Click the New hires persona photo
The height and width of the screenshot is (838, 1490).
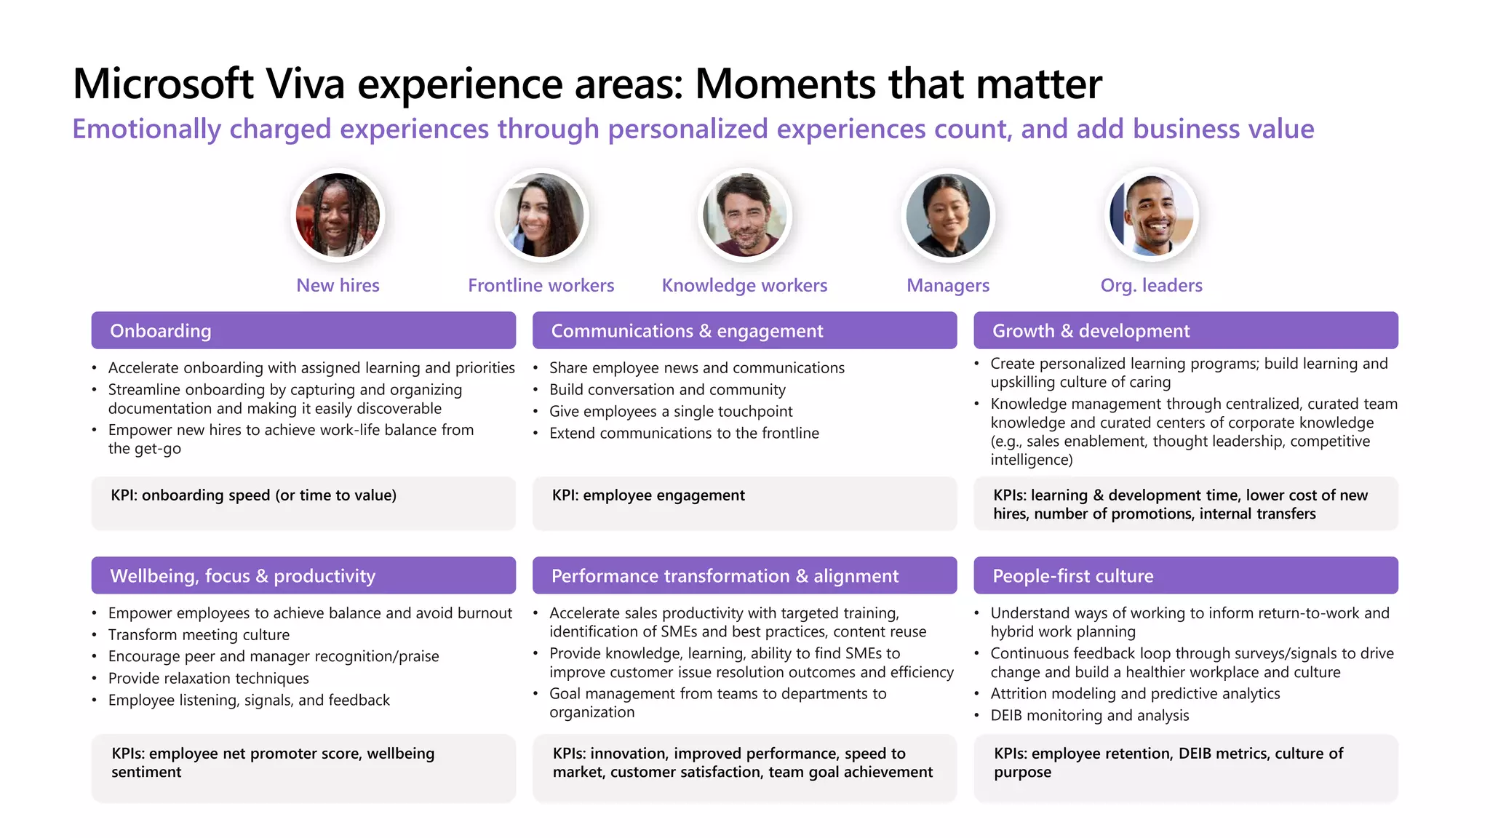(x=338, y=215)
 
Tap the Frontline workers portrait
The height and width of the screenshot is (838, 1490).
(x=541, y=215)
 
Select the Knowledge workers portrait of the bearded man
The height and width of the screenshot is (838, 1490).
(x=744, y=215)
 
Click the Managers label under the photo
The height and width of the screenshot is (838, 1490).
(x=948, y=285)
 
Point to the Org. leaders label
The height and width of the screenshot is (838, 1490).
(x=1151, y=285)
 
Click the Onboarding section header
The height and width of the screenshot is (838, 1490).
(x=303, y=331)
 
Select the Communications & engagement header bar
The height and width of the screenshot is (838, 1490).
(x=744, y=331)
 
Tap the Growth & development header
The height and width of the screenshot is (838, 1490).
(x=1185, y=331)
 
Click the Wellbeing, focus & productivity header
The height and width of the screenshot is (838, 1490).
(x=303, y=576)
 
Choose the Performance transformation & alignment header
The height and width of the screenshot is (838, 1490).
(x=744, y=576)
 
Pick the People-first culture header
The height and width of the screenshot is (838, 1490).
(x=1185, y=576)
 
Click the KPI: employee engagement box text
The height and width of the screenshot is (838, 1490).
(x=648, y=495)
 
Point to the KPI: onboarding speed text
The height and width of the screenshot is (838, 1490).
(x=253, y=495)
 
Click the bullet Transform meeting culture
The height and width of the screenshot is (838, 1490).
(x=199, y=635)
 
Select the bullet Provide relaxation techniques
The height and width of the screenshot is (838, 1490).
(x=208, y=679)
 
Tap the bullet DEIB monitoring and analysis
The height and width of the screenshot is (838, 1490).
(x=1089, y=716)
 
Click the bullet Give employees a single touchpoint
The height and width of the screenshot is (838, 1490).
(x=670, y=412)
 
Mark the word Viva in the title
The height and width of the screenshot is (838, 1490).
(x=305, y=84)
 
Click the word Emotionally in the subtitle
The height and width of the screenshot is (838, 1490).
(x=146, y=129)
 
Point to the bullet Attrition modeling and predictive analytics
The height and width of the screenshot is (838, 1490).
(x=1134, y=694)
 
